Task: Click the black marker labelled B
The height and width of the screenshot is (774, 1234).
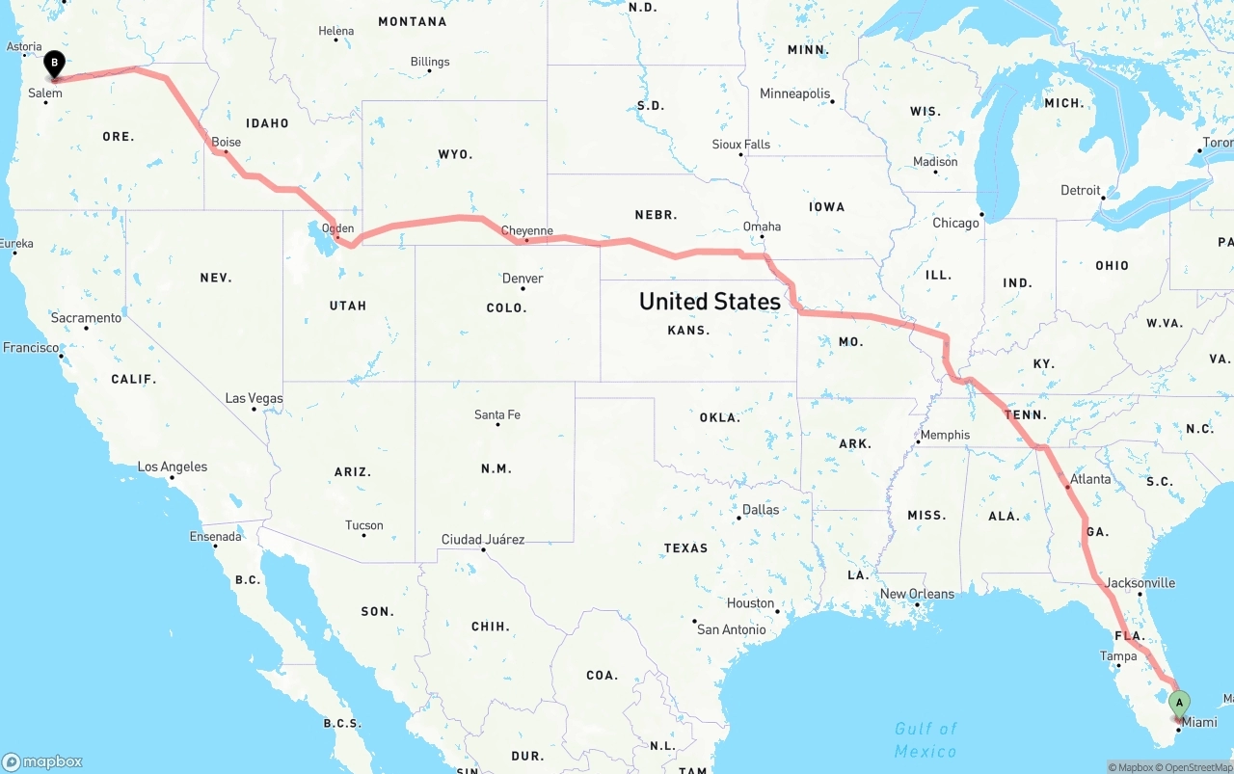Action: tap(55, 64)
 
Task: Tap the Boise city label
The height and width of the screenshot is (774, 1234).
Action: tap(226, 142)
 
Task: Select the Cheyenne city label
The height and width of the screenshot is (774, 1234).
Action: tap(527, 230)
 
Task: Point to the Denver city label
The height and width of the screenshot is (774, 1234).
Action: tap(523, 279)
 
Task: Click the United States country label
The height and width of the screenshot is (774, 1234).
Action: tap(710, 301)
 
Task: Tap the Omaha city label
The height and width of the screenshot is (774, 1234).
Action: tap(762, 227)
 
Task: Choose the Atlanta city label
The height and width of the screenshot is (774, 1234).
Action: tap(1090, 479)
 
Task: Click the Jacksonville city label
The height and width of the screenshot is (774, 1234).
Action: tap(1140, 582)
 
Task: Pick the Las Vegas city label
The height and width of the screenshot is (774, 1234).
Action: tap(254, 398)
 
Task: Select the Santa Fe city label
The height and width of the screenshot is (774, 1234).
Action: tap(496, 414)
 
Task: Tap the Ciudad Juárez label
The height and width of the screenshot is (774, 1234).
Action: tap(482, 539)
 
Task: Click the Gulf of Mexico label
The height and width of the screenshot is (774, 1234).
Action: tap(925, 739)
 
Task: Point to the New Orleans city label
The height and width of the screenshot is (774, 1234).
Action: tap(917, 594)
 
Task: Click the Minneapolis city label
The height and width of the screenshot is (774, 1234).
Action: tap(794, 93)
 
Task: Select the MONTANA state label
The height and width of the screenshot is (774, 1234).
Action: tap(412, 21)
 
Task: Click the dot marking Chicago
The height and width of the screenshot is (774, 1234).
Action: tap(981, 214)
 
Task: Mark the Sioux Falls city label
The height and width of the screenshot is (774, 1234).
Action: tap(740, 144)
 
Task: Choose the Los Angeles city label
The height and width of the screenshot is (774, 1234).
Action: tap(173, 467)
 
